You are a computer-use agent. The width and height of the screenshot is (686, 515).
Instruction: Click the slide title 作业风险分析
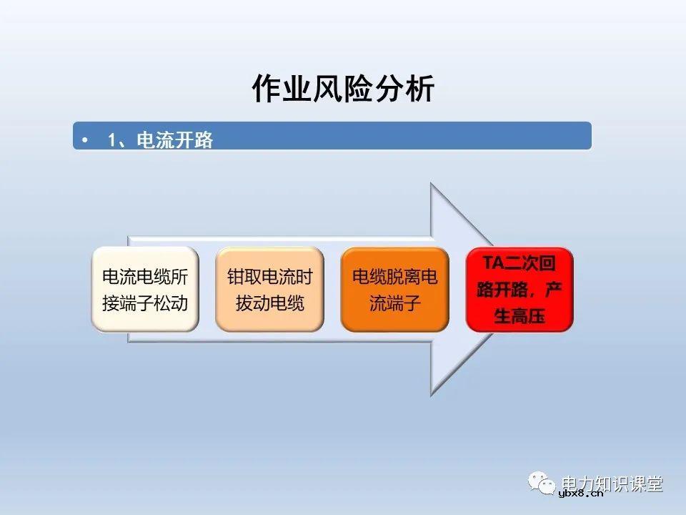pos(343,89)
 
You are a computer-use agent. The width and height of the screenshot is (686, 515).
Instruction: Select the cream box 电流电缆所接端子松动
pos(145,290)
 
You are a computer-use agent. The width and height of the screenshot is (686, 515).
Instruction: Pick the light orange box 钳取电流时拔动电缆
pos(269,290)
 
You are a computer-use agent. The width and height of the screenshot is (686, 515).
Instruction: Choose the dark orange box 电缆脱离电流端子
pos(394,290)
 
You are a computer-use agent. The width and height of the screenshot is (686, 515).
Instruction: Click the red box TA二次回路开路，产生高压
pos(520,290)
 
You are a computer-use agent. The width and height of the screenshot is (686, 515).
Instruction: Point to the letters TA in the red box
pos(493,263)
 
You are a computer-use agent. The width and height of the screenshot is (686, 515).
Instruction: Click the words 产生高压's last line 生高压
pos(520,316)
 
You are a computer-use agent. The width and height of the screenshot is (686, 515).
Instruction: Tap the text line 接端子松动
pos(145,303)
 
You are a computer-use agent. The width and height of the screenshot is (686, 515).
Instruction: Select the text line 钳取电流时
pos(269,277)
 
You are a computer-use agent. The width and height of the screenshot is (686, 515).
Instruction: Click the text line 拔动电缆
pos(269,303)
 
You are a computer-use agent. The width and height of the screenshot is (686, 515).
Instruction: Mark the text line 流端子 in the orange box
pos(394,303)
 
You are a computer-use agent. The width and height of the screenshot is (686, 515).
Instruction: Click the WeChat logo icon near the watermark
pos(543,484)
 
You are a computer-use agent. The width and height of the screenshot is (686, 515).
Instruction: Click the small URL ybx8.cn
pos(581,493)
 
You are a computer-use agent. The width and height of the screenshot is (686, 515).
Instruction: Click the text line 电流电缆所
pos(145,277)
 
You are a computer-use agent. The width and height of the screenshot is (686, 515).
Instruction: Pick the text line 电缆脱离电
pos(394,277)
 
